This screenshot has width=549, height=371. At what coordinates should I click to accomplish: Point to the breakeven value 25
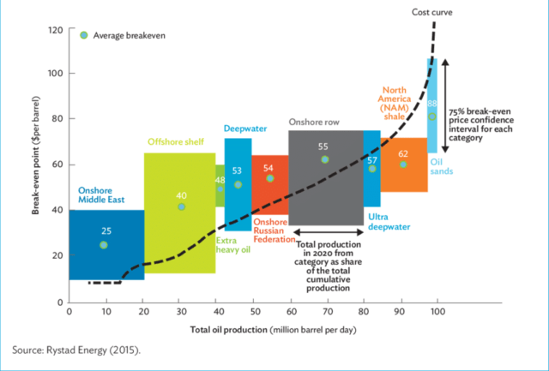(106, 230)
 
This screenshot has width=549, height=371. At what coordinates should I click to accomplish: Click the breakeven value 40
(181, 195)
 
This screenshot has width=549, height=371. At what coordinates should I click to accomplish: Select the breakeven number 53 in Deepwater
(238, 171)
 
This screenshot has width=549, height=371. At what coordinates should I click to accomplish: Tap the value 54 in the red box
(269, 168)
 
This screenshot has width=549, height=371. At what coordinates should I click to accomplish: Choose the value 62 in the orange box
(403, 153)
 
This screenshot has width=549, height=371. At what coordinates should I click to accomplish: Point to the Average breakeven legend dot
(83, 35)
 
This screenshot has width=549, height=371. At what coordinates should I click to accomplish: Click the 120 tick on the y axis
(55, 30)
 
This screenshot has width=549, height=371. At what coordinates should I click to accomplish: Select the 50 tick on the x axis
(254, 313)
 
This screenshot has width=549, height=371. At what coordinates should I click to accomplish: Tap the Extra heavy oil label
(232, 247)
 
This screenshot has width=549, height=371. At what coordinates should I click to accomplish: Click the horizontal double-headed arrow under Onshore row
(328, 232)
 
